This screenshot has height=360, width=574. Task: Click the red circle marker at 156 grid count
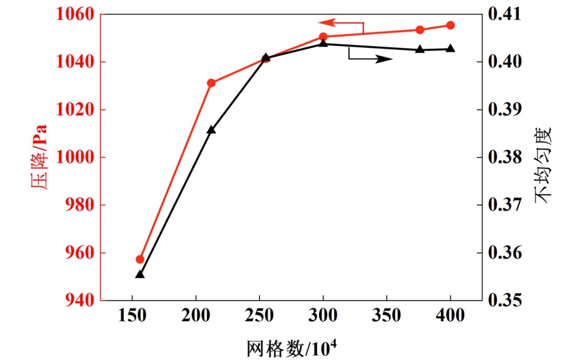pos(140,259)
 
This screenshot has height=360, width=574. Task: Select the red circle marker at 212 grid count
pos(211,83)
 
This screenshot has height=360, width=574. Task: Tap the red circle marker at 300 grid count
pos(323,36)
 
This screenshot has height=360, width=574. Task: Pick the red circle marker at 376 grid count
pos(420,30)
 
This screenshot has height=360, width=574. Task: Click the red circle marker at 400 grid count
pos(450,25)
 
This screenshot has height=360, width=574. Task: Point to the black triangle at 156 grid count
pos(140,274)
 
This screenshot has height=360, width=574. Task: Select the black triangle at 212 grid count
pos(211,130)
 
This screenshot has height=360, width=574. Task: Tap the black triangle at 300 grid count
pos(323,43)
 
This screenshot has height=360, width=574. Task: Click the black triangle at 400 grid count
pos(450,49)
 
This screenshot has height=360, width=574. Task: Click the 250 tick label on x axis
pos(260,316)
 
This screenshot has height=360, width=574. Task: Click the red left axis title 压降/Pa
pos(38,157)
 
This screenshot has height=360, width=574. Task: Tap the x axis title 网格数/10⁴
pos(291,348)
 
